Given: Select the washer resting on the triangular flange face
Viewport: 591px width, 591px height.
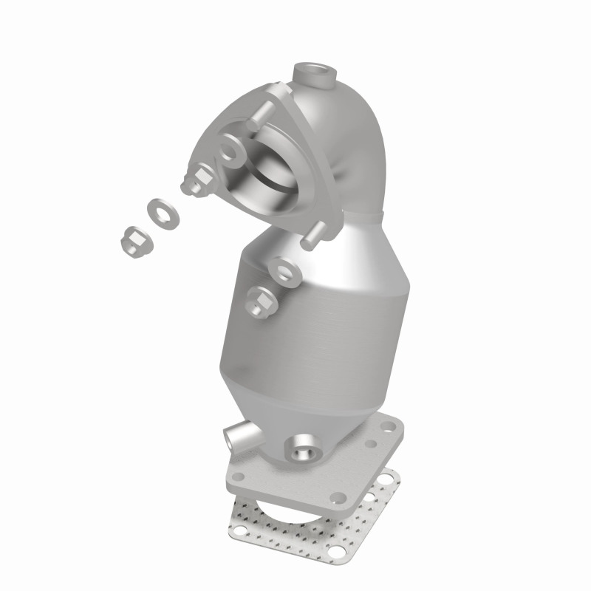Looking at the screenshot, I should click(230, 152).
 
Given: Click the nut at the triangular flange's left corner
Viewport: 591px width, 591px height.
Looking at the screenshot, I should click(196, 181).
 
